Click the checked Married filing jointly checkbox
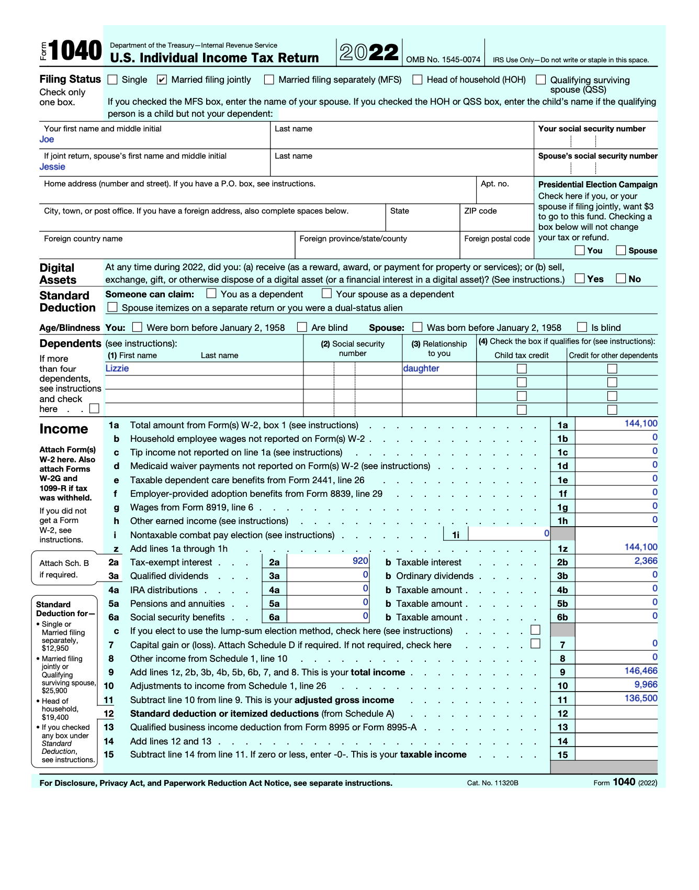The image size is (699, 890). [x=162, y=80]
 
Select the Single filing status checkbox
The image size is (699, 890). [x=112, y=80]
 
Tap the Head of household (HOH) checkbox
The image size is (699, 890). [x=418, y=80]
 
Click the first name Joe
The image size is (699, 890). [x=47, y=139]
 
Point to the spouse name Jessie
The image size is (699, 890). [x=52, y=166]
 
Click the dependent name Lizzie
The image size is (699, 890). [x=117, y=368]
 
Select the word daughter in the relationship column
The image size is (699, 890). [x=421, y=368]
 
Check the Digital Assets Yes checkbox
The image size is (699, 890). [x=580, y=279]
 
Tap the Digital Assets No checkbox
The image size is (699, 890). [x=621, y=279]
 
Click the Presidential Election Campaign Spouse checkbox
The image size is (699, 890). [x=621, y=250]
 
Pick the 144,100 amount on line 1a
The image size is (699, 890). [x=641, y=424]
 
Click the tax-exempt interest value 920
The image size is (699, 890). [x=360, y=561]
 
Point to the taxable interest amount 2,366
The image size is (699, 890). [x=646, y=561]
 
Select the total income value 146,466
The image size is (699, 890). [x=641, y=671]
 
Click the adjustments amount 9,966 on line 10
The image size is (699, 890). [x=646, y=684]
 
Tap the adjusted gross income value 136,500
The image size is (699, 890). [x=641, y=698]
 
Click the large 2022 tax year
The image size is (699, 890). [x=369, y=52]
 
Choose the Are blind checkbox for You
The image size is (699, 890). [x=302, y=327]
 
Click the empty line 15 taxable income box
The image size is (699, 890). [x=616, y=754]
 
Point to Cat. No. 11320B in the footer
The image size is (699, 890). [x=492, y=783]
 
